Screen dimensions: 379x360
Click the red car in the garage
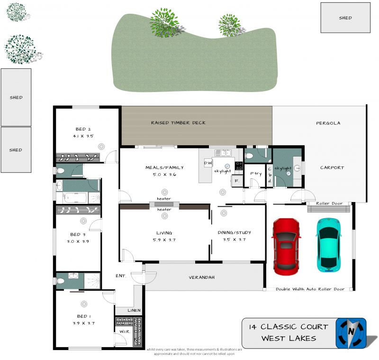[286, 247]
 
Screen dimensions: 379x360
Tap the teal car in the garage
[328, 245]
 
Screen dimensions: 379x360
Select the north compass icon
[351, 333]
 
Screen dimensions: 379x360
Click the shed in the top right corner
[345, 18]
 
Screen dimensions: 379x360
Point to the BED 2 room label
[83, 129]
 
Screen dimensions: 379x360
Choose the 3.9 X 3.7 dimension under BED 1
[84, 323]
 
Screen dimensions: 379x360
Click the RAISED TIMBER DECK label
[178, 123]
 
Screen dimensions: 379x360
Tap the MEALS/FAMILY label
[164, 167]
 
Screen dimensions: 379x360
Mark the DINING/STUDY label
[234, 232]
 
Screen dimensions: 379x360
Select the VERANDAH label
[202, 277]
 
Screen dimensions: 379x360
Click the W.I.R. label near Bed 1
[125, 332]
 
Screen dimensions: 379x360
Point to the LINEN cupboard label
[134, 310]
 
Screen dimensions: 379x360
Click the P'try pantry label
[256, 174]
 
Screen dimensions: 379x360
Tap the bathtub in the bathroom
[75, 198]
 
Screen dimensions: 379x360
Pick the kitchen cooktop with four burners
[239, 166]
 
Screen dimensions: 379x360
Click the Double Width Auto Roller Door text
[310, 289]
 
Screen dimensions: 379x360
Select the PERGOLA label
[328, 123]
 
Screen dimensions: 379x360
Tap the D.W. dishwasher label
[208, 163]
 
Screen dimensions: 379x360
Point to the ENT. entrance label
[121, 276]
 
